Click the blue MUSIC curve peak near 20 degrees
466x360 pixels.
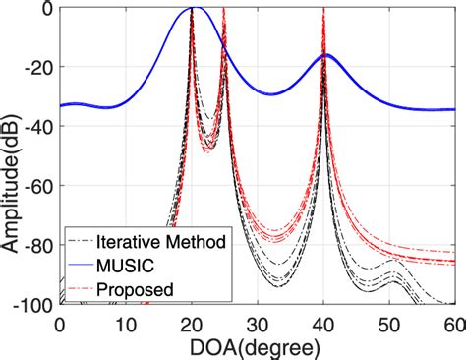195,8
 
